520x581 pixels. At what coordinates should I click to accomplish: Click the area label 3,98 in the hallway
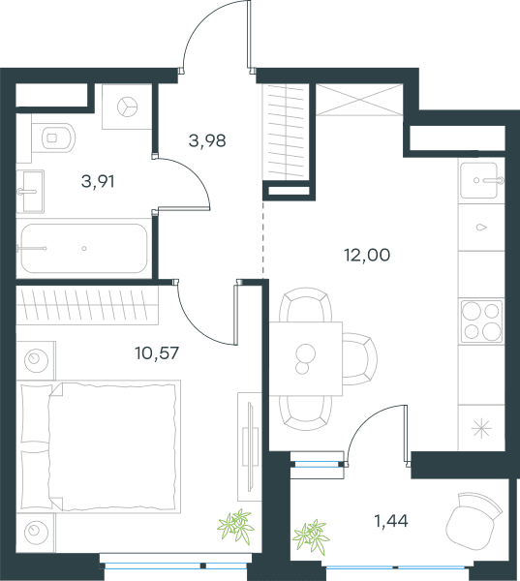pos(207,141)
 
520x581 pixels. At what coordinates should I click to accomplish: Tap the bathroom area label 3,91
pos(98,182)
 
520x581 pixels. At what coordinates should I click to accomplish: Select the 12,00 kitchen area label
pos(367,256)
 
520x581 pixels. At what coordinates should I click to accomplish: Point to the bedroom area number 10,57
pos(157,353)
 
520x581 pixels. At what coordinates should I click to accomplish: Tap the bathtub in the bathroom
pos(84,248)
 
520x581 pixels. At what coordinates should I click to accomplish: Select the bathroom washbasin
pos(30,191)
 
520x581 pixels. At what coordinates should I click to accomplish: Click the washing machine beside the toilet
pos(127,107)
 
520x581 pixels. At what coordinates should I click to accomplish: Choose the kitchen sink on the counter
pos(479,180)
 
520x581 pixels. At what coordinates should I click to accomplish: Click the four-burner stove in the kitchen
pos(481,321)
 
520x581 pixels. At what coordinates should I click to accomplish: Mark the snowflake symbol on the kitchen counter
pos(481,429)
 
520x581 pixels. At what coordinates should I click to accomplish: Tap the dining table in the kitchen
pos(306,358)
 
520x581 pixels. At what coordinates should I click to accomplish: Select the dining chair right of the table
pos(359,359)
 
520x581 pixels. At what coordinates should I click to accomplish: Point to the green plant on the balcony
pos(311,536)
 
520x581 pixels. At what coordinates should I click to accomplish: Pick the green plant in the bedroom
pos(235,526)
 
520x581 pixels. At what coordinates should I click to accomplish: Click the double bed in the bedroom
pos(98,446)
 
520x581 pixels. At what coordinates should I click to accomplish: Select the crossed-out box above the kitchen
pos(359,100)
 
